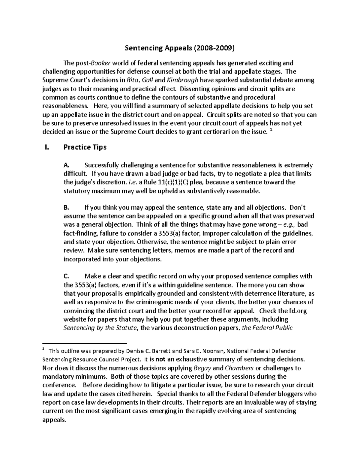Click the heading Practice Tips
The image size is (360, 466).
(85, 147)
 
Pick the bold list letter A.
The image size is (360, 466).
(67, 165)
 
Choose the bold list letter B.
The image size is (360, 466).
(66, 208)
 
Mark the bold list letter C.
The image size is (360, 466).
(67, 276)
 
